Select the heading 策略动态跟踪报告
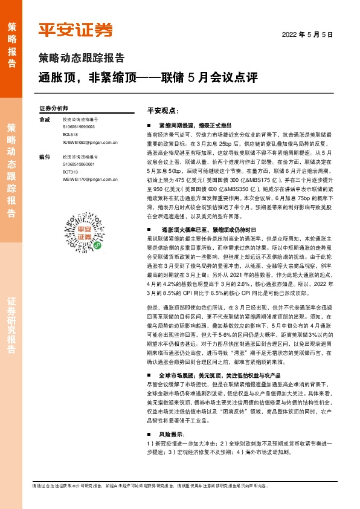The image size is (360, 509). (82, 59)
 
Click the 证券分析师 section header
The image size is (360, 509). (54, 108)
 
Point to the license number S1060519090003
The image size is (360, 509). (79, 128)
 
